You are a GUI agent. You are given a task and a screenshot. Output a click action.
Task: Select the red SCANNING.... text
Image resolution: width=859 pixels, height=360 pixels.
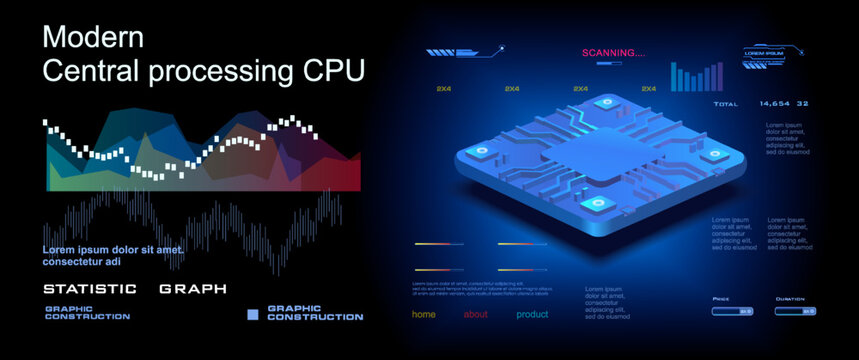[x=613, y=53]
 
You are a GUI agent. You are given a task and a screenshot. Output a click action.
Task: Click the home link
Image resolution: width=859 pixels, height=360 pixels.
[x=424, y=314]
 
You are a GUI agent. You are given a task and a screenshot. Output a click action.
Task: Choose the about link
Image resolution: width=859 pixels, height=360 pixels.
[x=476, y=314]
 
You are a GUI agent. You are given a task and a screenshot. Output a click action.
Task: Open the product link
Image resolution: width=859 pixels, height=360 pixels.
[x=532, y=314]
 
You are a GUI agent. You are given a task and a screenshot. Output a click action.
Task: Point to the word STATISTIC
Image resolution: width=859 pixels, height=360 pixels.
[x=90, y=289]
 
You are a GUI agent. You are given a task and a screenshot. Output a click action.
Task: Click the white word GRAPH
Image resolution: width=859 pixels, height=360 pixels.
[x=192, y=289]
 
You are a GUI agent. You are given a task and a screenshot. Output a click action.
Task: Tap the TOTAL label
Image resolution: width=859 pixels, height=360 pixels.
[x=725, y=104]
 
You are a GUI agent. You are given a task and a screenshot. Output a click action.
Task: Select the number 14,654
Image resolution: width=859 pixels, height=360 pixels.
[x=775, y=104]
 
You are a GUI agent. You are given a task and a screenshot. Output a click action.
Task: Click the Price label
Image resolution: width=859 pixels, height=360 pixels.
[x=720, y=298]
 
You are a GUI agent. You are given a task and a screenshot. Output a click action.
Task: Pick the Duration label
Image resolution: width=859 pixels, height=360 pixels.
[x=789, y=298]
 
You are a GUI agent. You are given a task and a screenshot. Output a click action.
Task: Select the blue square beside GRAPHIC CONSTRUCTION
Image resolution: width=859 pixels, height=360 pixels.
[x=253, y=313]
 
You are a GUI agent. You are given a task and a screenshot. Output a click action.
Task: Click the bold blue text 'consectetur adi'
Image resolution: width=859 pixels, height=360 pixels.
[x=87, y=262]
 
